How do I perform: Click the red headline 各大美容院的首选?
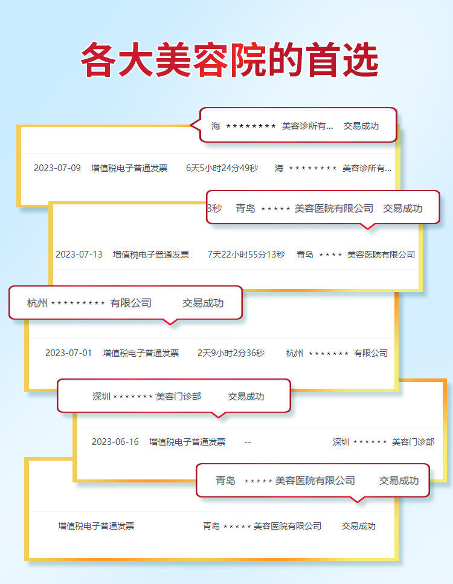(230, 60)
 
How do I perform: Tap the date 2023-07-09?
(57, 168)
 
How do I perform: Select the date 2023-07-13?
(79, 255)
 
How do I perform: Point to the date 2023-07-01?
(68, 352)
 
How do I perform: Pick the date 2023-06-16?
(115, 442)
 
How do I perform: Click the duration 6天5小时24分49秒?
(222, 168)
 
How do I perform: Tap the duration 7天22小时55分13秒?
(246, 255)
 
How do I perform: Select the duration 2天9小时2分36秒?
(231, 352)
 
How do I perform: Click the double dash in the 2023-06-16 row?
(248, 442)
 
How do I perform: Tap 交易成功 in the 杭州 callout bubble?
(203, 303)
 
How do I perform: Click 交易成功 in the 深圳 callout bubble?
(246, 397)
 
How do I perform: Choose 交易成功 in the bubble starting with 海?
(361, 126)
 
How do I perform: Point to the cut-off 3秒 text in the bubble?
(214, 208)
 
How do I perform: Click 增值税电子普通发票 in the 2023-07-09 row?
(129, 168)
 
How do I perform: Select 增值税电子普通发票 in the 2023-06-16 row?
(187, 442)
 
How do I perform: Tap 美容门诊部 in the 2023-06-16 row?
(413, 442)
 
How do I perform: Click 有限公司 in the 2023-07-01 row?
(371, 352)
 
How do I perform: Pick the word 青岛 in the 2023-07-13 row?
(305, 255)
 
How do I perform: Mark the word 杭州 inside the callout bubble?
(37, 303)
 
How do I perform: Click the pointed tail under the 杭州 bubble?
(170, 322)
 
